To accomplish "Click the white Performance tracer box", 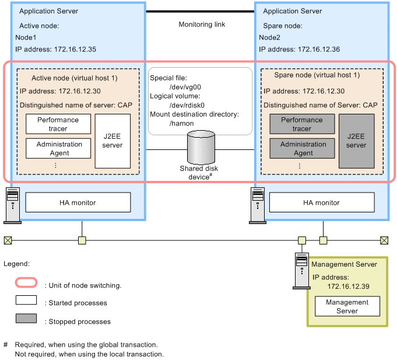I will [58, 124].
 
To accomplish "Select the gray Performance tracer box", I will [302, 124].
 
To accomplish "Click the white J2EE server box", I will [113, 141].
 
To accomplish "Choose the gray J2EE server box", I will [356, 141].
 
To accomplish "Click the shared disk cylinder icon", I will [200, 148].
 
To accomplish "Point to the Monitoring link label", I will [201, 25].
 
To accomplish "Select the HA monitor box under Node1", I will [78, 202].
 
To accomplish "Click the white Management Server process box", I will [347, 306].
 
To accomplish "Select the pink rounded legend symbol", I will [27, 285].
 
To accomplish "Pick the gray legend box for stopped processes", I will [27, 320].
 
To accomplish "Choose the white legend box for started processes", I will [27, 302].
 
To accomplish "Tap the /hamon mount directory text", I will [182, 124].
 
